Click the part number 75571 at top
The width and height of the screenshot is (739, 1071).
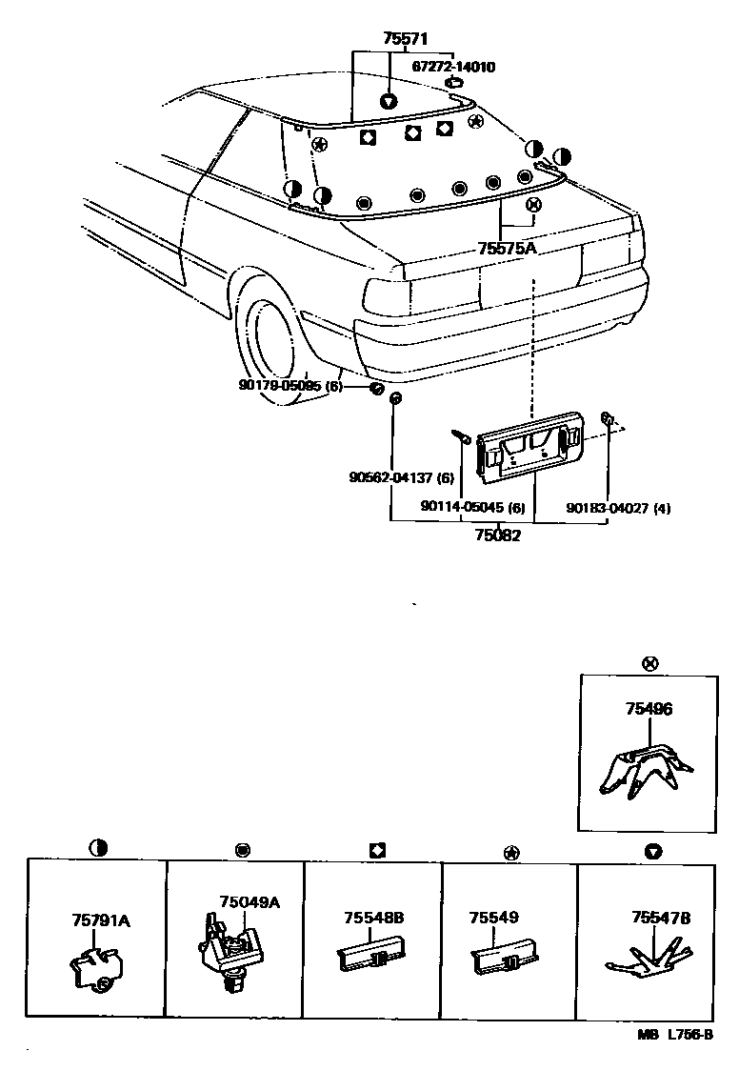click(x=405, y=39)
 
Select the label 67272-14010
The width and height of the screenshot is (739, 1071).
click(x=452, y=68)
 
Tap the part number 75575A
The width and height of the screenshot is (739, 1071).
click(x=508, y=249)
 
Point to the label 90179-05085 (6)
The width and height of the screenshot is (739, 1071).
click(x=290, y=386)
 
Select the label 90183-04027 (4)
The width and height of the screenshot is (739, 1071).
click(x=618, y=508)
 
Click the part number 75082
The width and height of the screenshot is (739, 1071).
click(x=498, y=535)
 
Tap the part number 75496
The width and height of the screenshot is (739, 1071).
click(x=649, y=710)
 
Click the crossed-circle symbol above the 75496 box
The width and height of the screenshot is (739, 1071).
click(x=649, y=663)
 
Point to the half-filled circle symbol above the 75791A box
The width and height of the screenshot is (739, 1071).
click(x=96, y=846)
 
